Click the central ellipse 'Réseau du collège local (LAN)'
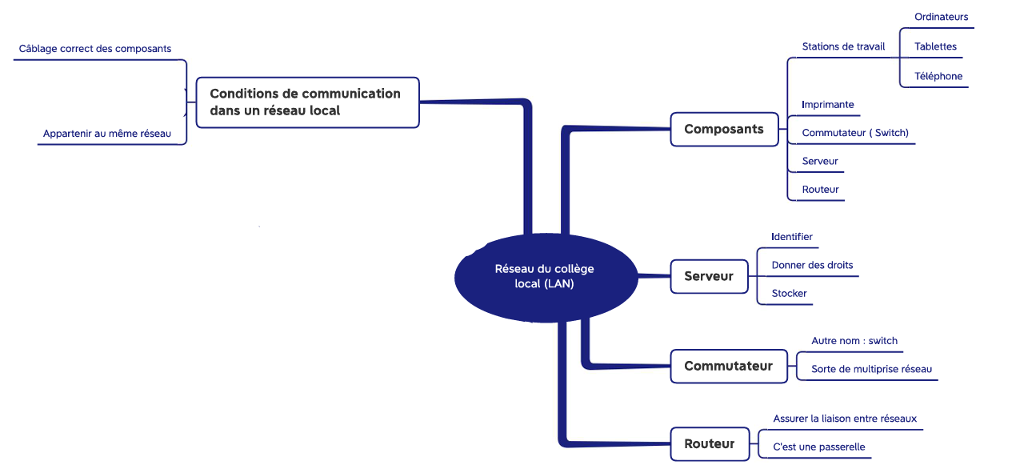[546, 278]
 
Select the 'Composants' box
[724, 129]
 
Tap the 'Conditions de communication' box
[308, 102]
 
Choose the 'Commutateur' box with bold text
[729, 366]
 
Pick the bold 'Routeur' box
[710, 444]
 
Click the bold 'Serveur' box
[710, 277]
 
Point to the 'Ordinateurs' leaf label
[941, 17]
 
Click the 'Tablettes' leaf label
[935, 46]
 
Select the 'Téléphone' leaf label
[938, 76]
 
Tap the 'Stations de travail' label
[843, 46]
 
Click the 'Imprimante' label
[828, 104]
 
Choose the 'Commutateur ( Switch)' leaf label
[854, 133]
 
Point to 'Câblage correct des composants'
[95, 49]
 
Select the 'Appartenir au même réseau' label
[107, 134]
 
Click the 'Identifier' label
[791, 237]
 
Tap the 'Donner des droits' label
[812, 265]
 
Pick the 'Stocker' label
[789, 293]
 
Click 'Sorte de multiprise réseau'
[871, 369]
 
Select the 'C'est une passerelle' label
[818, 447]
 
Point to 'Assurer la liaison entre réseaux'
[845, 419]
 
